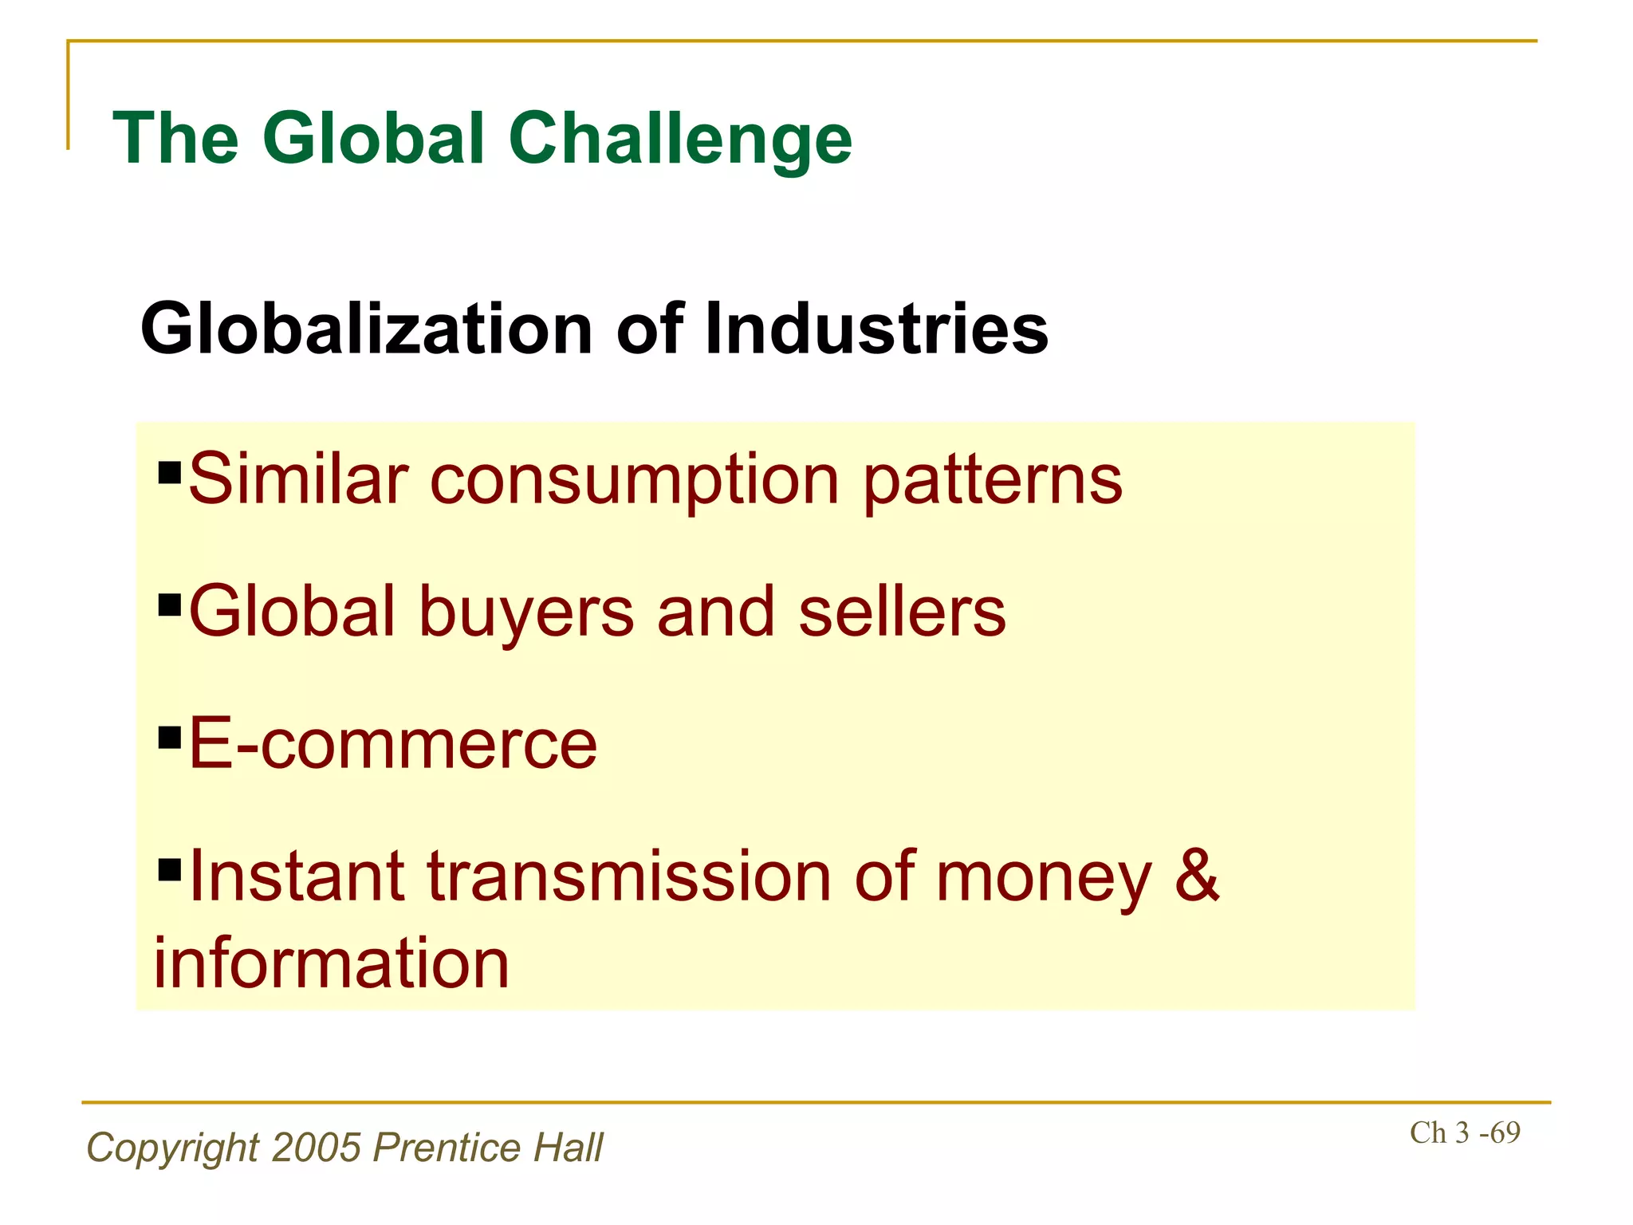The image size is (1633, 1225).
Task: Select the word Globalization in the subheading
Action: (x=366, y=329)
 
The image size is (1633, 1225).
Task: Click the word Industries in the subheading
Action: (x=876, y=329)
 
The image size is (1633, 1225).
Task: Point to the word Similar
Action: (x=298, y=479)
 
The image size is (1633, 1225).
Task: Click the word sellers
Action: (x=902, y=612)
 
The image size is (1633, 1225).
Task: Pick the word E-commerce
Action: (x=392, y=744)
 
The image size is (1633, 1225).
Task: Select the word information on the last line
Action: (x=332, y=963)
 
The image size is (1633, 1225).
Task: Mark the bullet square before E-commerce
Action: (x=170, y=738)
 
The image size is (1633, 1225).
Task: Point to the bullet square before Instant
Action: (x=170, y=869)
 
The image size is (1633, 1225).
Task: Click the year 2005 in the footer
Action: (x=317, y=1148)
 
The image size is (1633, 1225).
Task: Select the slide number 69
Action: (x=1505, y=1132)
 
